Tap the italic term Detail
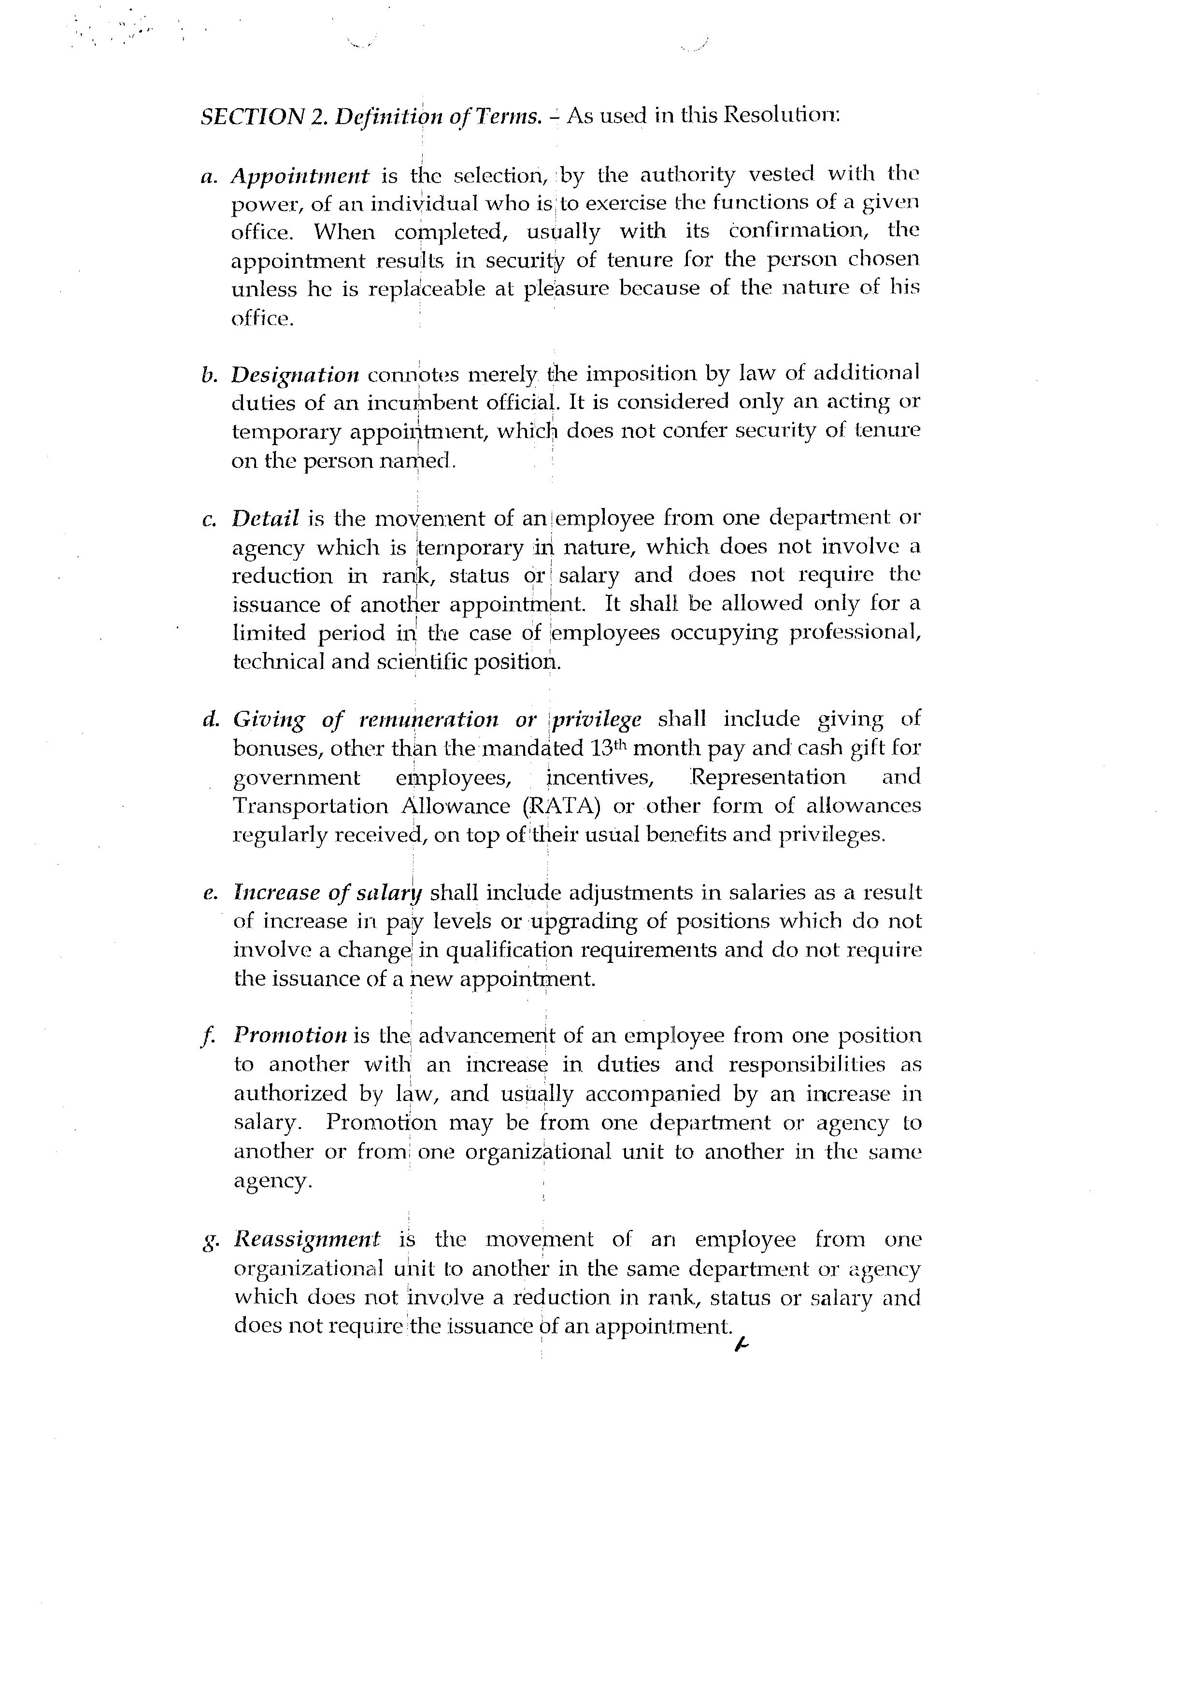click(x=266, y=519)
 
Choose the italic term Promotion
click(x=290, y=1035)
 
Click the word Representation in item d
click(x=768, y=777)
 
